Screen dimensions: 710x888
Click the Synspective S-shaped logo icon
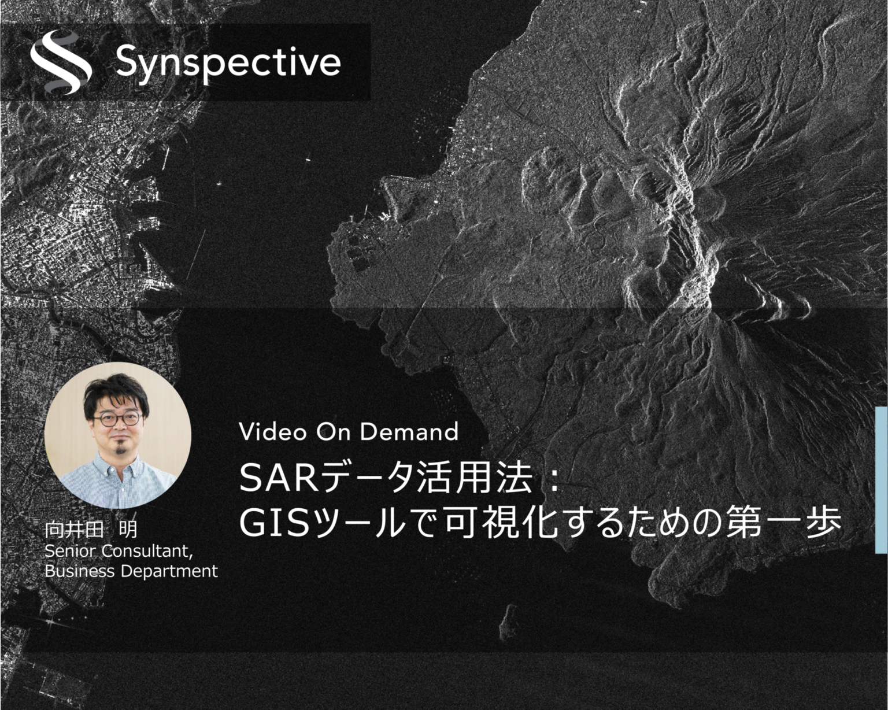[x=61, y=62]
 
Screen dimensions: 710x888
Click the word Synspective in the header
[x=228, y=63]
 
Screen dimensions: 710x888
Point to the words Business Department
[x=131, y=571]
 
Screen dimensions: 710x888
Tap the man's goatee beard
[x=119, y=449]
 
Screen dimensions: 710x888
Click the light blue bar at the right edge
[x=882, y=480]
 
